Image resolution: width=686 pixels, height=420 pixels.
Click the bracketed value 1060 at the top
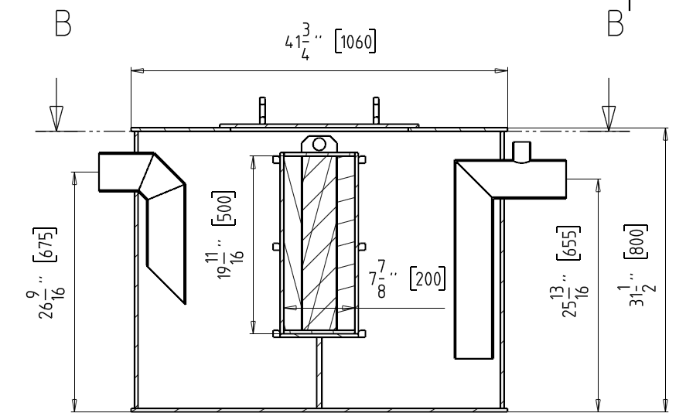point(355,42)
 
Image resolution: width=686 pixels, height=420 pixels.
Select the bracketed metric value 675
point(45,244)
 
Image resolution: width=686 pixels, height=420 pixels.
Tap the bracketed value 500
point(224,208)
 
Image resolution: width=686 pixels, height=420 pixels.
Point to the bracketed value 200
point(428,278)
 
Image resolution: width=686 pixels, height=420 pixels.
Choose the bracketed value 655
point(568,243)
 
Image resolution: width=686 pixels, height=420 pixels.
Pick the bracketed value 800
point(636,241)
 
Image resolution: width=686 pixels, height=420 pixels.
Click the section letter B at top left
point(63,24)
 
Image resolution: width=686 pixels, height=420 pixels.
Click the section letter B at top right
point(615,24)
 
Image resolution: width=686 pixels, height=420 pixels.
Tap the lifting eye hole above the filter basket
point(319,144)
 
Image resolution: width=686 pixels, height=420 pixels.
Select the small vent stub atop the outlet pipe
point(521,152)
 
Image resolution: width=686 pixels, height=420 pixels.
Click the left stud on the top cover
point(262,111)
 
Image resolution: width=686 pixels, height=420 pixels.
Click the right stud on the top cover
point(376,111)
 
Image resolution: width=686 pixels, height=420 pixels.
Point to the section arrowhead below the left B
point(56,118)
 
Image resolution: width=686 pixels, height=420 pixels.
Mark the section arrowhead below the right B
point(609,118)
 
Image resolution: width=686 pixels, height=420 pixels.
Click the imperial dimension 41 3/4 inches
point(303,42)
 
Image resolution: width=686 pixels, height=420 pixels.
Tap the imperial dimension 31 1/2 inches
point(637,289)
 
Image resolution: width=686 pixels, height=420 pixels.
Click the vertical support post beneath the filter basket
point(319,373)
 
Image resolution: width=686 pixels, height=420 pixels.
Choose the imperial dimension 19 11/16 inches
point(224,258)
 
